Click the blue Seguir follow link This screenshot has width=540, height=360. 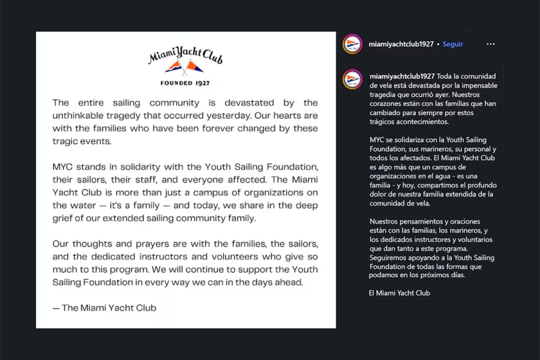coord(452,44)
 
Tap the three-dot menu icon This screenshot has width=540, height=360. coord(491,44)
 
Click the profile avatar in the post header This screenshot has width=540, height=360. coord(352,44)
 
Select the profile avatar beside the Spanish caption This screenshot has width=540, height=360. coord(352,79)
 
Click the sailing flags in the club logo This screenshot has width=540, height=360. coord(185,67)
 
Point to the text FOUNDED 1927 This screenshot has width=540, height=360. coord(185,82)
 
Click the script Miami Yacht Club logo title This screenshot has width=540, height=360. coord(185,56)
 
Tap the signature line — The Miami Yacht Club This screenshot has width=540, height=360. coord(104,308)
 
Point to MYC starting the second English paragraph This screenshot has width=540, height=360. coord(64,167)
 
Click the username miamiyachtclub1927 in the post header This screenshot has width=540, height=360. coord(401,44)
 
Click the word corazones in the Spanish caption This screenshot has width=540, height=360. coord(389,103)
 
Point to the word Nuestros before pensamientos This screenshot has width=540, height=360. coord(388,221)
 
